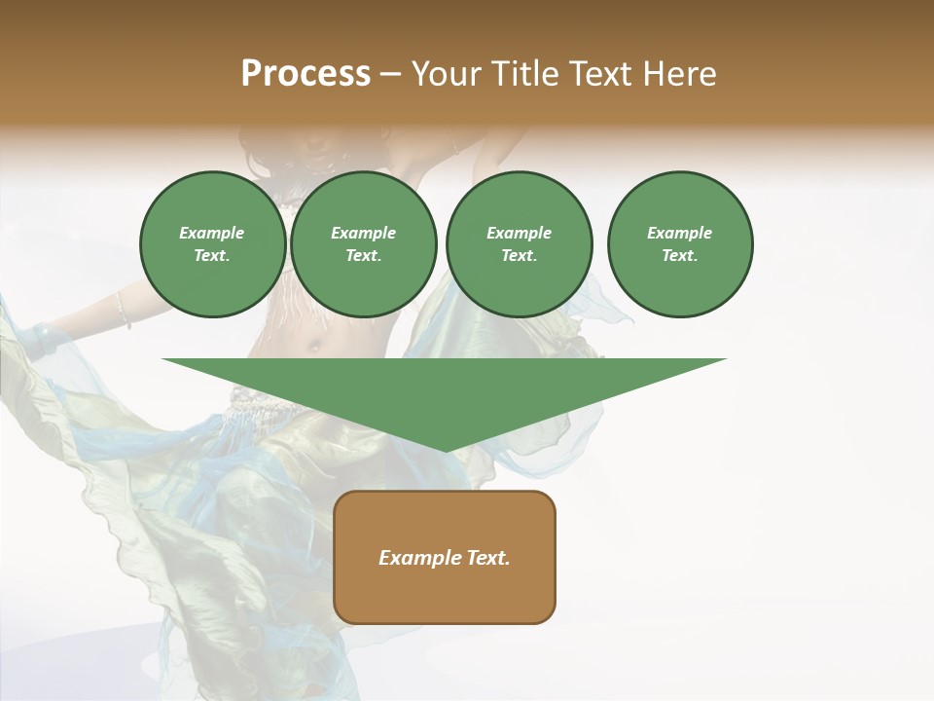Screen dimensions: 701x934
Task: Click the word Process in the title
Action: (305, 74)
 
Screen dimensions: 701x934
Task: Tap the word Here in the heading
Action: (678, 74)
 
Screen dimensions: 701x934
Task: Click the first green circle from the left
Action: (212, 244)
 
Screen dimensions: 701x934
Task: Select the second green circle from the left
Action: (364, 244)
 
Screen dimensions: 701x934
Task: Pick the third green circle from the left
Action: (519, 244)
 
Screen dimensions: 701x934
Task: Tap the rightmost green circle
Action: (680, 244)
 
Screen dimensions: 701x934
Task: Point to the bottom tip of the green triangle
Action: (445, 451)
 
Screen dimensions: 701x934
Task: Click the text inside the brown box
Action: (445, 558)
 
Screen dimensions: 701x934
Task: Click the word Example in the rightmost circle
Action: (680, 233)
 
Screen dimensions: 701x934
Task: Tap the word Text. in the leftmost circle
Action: (212, 256)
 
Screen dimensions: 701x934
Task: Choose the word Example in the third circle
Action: (519, 233)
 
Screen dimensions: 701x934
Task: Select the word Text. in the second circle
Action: (364, 256)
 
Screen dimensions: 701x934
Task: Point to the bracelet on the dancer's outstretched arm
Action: (123, 310)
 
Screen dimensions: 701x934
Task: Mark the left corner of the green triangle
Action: (163, 359)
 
